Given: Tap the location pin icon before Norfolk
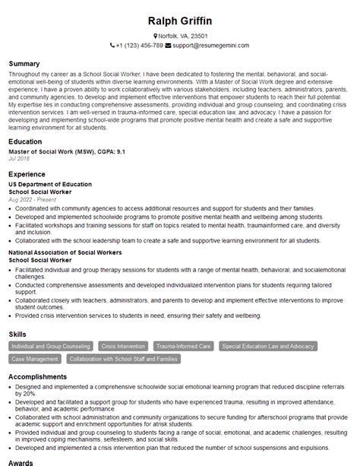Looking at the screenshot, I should pyautogui.click(x=154, y=36).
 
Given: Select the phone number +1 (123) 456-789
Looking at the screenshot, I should pyautogui.click(x=140, y=46).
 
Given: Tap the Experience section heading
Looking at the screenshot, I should pyautogui.click(x=29, y=173).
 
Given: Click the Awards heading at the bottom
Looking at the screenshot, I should pyautogui.click(x=21, y=461).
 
